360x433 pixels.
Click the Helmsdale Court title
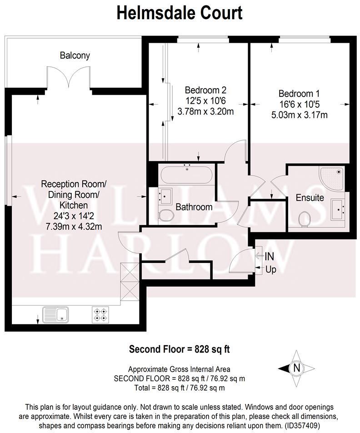[180, 13]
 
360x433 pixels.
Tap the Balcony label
[75, 55]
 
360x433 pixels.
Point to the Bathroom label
[194, 207]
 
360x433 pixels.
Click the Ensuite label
[310, 198]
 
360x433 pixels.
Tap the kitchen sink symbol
[55, 314]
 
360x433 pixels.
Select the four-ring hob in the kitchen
[100, 314]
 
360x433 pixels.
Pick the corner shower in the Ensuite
[333, 177]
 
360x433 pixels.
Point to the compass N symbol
[296, 368]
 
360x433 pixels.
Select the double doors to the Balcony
[68, 77]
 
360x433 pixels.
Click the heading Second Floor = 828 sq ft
[180, 349]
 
